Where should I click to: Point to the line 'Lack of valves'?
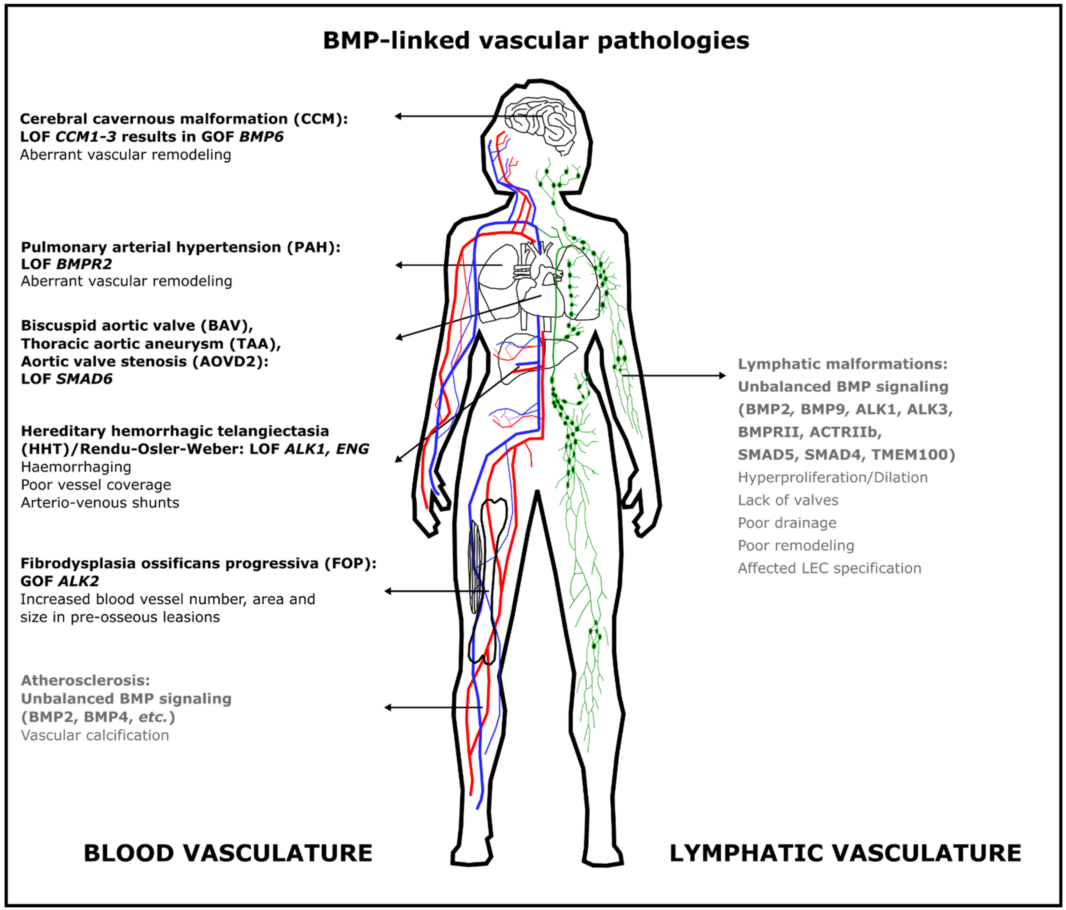788,500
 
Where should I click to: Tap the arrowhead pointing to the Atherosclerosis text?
388,708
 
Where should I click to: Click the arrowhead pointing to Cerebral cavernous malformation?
399,116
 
